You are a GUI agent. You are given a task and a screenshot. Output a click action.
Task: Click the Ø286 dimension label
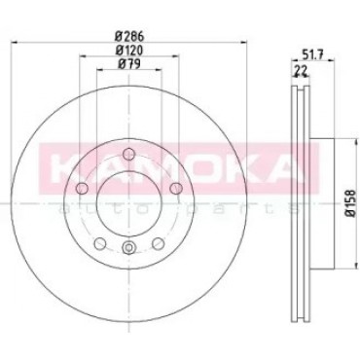(x=129, y=35)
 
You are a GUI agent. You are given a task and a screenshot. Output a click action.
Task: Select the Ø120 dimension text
(x=129, y=50)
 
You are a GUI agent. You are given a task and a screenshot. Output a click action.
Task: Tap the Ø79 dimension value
(x=129, y=64)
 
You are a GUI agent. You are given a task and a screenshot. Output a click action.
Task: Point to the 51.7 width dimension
(x=311, y=54)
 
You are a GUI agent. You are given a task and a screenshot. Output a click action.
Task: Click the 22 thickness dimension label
(x=300, y=69)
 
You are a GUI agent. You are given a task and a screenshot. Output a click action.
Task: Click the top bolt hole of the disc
(x=129, y=154)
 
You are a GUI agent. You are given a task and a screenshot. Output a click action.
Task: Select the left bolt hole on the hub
(x=82, y=188)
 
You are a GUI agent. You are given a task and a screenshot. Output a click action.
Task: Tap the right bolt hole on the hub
(x=176, y=188)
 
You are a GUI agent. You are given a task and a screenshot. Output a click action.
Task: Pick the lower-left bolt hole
(x=100, y=242)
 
